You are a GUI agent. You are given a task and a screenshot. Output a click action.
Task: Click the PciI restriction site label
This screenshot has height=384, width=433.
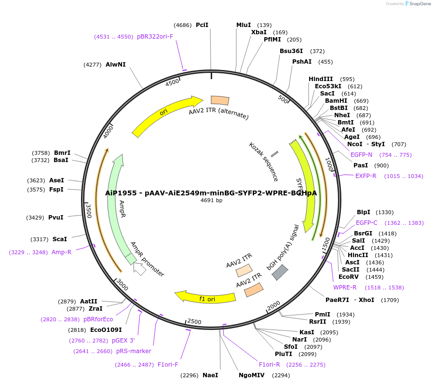click(202, 25)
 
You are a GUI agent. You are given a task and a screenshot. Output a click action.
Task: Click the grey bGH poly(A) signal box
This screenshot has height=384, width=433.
click(280, 273)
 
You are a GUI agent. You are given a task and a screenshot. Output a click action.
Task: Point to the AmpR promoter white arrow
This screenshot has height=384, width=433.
click(139, 269)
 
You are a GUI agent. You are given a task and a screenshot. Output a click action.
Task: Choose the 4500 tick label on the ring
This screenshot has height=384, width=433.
click(172, 82)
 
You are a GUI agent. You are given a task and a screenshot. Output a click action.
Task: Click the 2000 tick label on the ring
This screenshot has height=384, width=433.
click(273, 305)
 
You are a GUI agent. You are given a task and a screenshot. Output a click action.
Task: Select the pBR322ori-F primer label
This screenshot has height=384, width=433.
click(155, 36)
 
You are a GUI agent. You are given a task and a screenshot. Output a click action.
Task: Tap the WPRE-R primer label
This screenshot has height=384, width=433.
click(345, 288)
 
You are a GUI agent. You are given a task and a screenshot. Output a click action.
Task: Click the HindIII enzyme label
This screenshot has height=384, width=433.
click(321, 79)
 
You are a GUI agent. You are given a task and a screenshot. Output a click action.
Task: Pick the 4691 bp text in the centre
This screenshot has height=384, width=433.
click(211, 200)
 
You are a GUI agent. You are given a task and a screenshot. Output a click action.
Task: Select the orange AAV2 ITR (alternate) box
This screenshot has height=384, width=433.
click(220, 100)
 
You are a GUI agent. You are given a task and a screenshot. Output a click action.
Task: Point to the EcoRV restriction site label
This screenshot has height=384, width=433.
click(348, 277)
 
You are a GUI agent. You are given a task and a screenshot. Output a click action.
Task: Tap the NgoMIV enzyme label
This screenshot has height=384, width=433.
click(251, 375)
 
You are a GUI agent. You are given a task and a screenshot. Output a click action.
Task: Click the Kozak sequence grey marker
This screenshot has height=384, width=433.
click(274, 154)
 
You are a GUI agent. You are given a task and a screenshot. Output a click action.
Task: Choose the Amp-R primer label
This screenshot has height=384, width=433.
click(61, 252)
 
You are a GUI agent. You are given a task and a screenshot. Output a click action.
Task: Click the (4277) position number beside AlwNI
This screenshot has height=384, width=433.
click(92, 65)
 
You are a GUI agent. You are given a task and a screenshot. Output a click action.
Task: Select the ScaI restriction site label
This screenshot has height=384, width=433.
click(59, 239)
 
